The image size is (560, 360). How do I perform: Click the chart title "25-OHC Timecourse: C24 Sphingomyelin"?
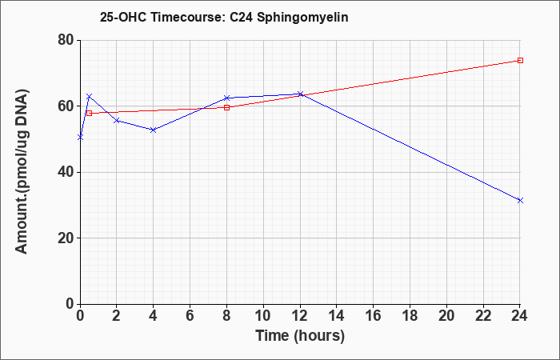pyautogui.click(x=224, y=17)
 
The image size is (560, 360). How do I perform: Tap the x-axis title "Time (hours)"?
pyautogui.click(x=300, y=336)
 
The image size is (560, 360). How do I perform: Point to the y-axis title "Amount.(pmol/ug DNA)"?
pyautogui.click(x=22, y=172)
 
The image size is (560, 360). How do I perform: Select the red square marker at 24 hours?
pyautogui.click(x=520, y=60)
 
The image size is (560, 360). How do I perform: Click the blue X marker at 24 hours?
pyautogui.click(x=520, y=200)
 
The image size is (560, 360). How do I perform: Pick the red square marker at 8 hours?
pyautogui.click(x=226, y=107)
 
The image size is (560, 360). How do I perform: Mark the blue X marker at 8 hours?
pyautogui.click(x=226, y=98)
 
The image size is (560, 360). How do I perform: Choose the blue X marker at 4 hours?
pyautogui.click(x=154, y=130)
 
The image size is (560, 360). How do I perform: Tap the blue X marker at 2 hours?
pyautogui.click(x=117, y=120)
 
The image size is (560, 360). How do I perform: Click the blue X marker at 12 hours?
pyautogui.click(x=300, y=94)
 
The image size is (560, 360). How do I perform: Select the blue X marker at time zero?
pyautogui.click(x=80, y=137)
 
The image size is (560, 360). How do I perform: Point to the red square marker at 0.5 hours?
pyautogui.click(x=90, y=114)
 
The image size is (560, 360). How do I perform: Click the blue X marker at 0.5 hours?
pyautogui.click(x=90, y=97)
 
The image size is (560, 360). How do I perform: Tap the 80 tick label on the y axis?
pyautogui.click(x=66, y=40)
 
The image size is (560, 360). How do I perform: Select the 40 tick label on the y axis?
pyautogui.click(x=66, y=172)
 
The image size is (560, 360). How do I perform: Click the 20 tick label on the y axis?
pyautogui.click(x=66, y=238)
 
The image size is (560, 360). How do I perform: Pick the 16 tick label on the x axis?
pyautogui.click(x=374, y=316)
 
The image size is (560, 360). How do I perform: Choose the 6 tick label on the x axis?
pyautogui.click(x=190, y=316)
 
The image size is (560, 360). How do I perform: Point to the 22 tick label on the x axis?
pyautogui.click(x=483, y=316)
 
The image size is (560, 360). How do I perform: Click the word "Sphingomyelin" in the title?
pyautogui.click(x=302, y=18)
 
